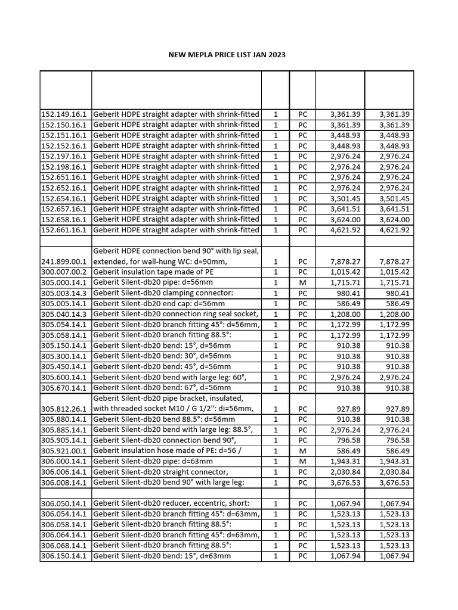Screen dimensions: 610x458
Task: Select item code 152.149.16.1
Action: pos(65,114)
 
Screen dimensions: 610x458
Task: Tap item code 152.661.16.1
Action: pos(65,230)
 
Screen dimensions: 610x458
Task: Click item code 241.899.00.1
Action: pos(65,262)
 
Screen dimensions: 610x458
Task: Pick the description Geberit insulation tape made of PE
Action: pos(152,272)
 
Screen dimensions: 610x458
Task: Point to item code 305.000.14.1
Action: pos(65,282)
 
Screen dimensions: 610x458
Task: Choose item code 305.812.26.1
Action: pos(65,409)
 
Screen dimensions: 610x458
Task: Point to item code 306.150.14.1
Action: pos(65,556)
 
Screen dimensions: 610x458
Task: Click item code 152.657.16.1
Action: pos(65,209)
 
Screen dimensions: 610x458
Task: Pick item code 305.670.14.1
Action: pos(65,388)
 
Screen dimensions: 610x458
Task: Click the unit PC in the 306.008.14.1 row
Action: pos(302,482)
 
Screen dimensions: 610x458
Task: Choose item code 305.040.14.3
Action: pos(65,314)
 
